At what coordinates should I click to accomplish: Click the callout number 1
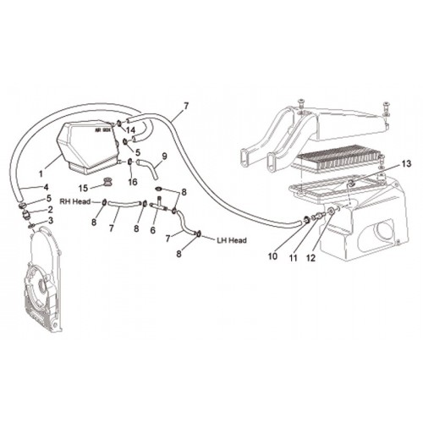click(x=41, y=174)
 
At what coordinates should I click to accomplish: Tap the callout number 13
click(x=406, y=164)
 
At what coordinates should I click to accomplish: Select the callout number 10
click(x=272, y=256)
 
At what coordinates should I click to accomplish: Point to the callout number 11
click(x=294, y=257)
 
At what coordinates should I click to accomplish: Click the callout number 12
click(x=310, y=257)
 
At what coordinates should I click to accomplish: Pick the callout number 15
click(x=83, y=189)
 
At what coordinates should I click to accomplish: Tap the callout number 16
click(x=133, y=182)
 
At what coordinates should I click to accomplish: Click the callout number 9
click(x=164, y=156)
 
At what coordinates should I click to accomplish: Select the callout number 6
click(x=152, y=230)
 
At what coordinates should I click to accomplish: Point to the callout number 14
click(x=130, y=130)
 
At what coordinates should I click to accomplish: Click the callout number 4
click(x=46, y=187)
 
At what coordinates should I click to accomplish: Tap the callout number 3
click(x=51, y=220)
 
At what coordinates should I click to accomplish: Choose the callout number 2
click(x=50, y=210)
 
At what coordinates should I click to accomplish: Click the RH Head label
click(x=75, y=201)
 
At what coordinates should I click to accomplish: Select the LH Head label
click(x=232, y=240)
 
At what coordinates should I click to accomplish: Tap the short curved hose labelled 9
click(x=149, y=168)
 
